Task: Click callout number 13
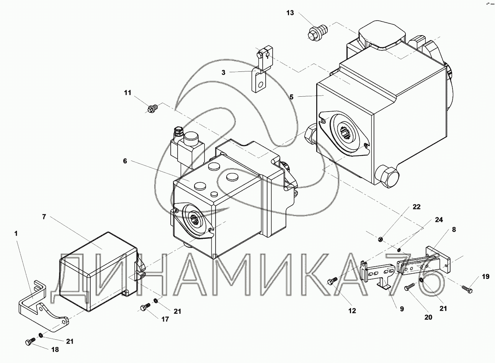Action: pos(290,13)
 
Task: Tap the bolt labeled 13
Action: pos(315,32)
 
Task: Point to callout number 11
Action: pos(127,93)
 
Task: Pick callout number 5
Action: pos(292,97)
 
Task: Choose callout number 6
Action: pos(125,161)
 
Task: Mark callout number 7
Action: pos(44,217)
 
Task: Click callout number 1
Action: pos(16,234)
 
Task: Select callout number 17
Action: pos(165,319)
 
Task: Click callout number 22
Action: pos(417,207)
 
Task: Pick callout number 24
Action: pos(439,220)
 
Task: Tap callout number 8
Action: pos(454,230)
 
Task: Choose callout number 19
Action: pos(485,277)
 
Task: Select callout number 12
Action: pos(352,311)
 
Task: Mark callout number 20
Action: pos(428,317)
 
